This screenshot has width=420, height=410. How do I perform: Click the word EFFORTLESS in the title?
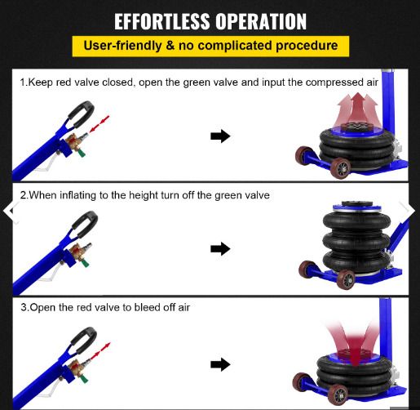[162, 21]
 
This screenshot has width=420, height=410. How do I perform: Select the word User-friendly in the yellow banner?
[123, 46]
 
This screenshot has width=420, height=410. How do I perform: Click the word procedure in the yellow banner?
[307, 46]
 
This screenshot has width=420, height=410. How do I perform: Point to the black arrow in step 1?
[220, 136]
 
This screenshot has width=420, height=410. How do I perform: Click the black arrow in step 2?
[220, 248]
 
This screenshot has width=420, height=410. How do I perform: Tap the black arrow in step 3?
[220, 364]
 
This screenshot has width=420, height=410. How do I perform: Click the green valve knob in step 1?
[82, 154]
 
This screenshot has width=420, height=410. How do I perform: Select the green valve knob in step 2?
[85, 264]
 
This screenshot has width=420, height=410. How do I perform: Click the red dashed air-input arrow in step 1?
[99, 124]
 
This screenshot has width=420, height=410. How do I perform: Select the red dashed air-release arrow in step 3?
[101, 351]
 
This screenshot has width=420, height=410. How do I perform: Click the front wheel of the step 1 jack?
[341, 168]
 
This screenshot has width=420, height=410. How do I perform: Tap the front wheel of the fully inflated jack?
[346, 279]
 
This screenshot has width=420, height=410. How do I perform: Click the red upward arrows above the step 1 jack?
[357, 109]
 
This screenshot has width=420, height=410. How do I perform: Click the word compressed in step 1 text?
[334, 82]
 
